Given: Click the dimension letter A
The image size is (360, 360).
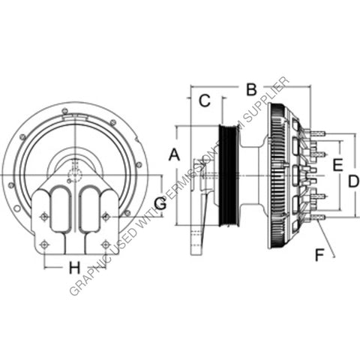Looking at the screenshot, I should [174, 156].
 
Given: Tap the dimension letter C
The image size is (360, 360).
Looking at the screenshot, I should [203, 101].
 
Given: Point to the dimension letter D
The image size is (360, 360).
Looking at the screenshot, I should [354, 180].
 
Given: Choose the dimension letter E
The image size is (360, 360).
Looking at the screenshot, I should [337, 164].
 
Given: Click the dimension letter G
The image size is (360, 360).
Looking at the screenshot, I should [159, 202].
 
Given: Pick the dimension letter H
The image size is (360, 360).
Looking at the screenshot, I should [73, 267].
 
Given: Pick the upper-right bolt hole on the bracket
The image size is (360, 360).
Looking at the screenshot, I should [105, 217].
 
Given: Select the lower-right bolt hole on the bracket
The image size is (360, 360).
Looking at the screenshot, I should [105, 244].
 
